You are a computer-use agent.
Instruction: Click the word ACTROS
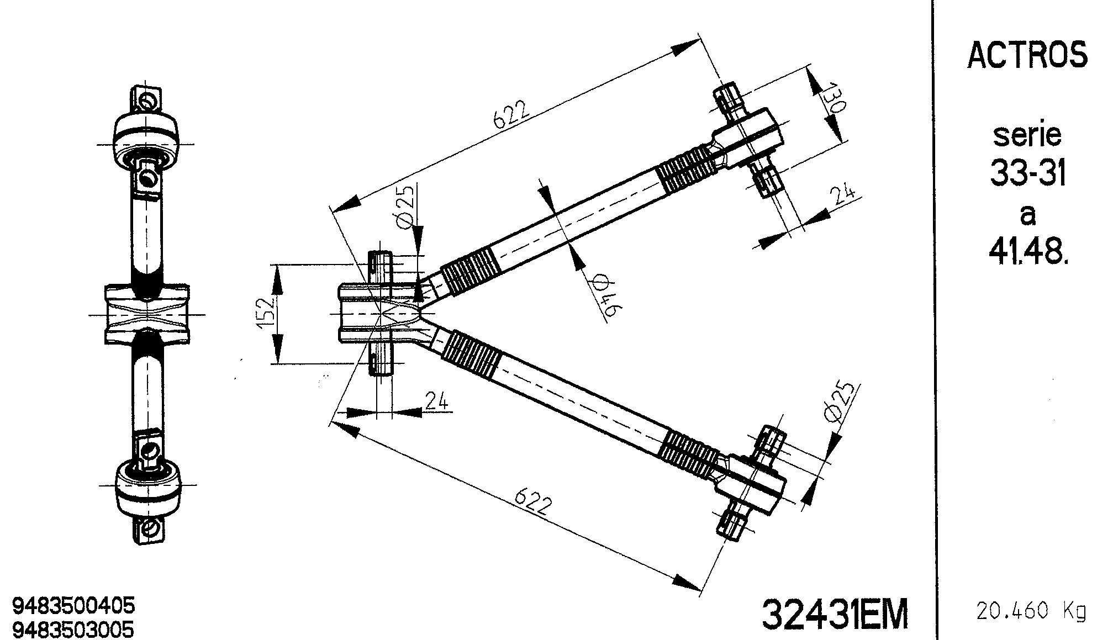[1027, 55]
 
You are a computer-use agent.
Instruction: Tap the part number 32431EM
[835, 614]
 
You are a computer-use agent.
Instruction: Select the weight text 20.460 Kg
[1031, 611]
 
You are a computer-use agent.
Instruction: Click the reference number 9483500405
[73, 606]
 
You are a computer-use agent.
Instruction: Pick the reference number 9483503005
[73, 629]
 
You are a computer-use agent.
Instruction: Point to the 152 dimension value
[267, 314]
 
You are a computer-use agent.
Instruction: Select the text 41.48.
[1027, 253]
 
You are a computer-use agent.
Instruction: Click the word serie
[1027, 135]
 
